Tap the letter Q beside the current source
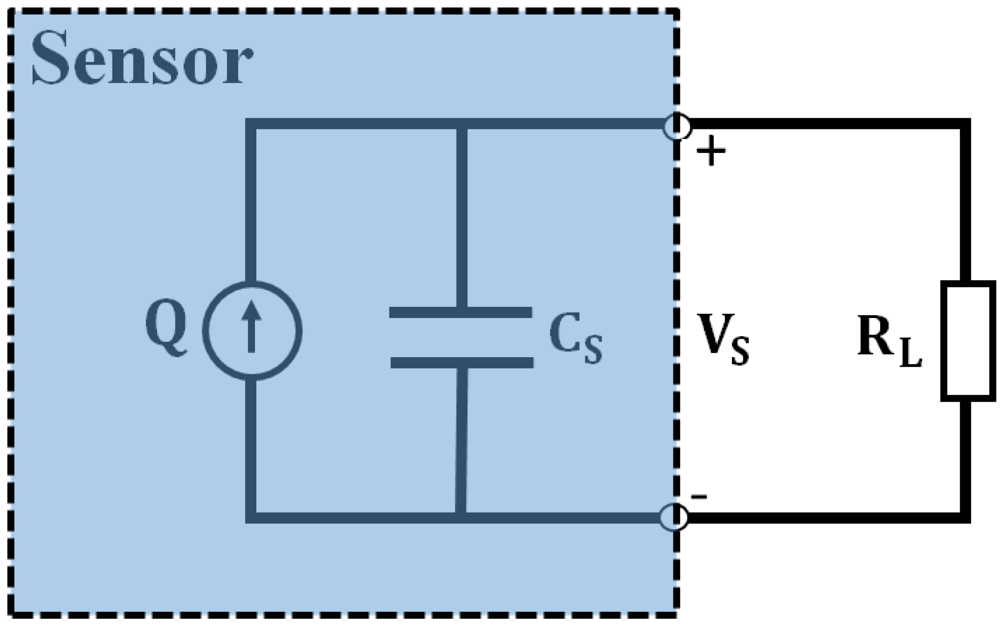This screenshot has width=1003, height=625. [166, 327]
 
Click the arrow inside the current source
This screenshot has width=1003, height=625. [251, 327]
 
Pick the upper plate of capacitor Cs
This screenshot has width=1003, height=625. [461, 312]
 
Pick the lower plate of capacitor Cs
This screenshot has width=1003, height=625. [462, 363]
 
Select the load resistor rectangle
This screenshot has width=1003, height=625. [968, 341]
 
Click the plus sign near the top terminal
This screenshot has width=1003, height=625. [711, 152]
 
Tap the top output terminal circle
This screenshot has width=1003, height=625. [677, 126]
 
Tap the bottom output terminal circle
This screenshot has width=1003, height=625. [674, 517]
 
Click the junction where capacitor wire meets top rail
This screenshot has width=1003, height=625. [462, 124]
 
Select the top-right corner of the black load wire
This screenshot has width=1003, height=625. [965, 124]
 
